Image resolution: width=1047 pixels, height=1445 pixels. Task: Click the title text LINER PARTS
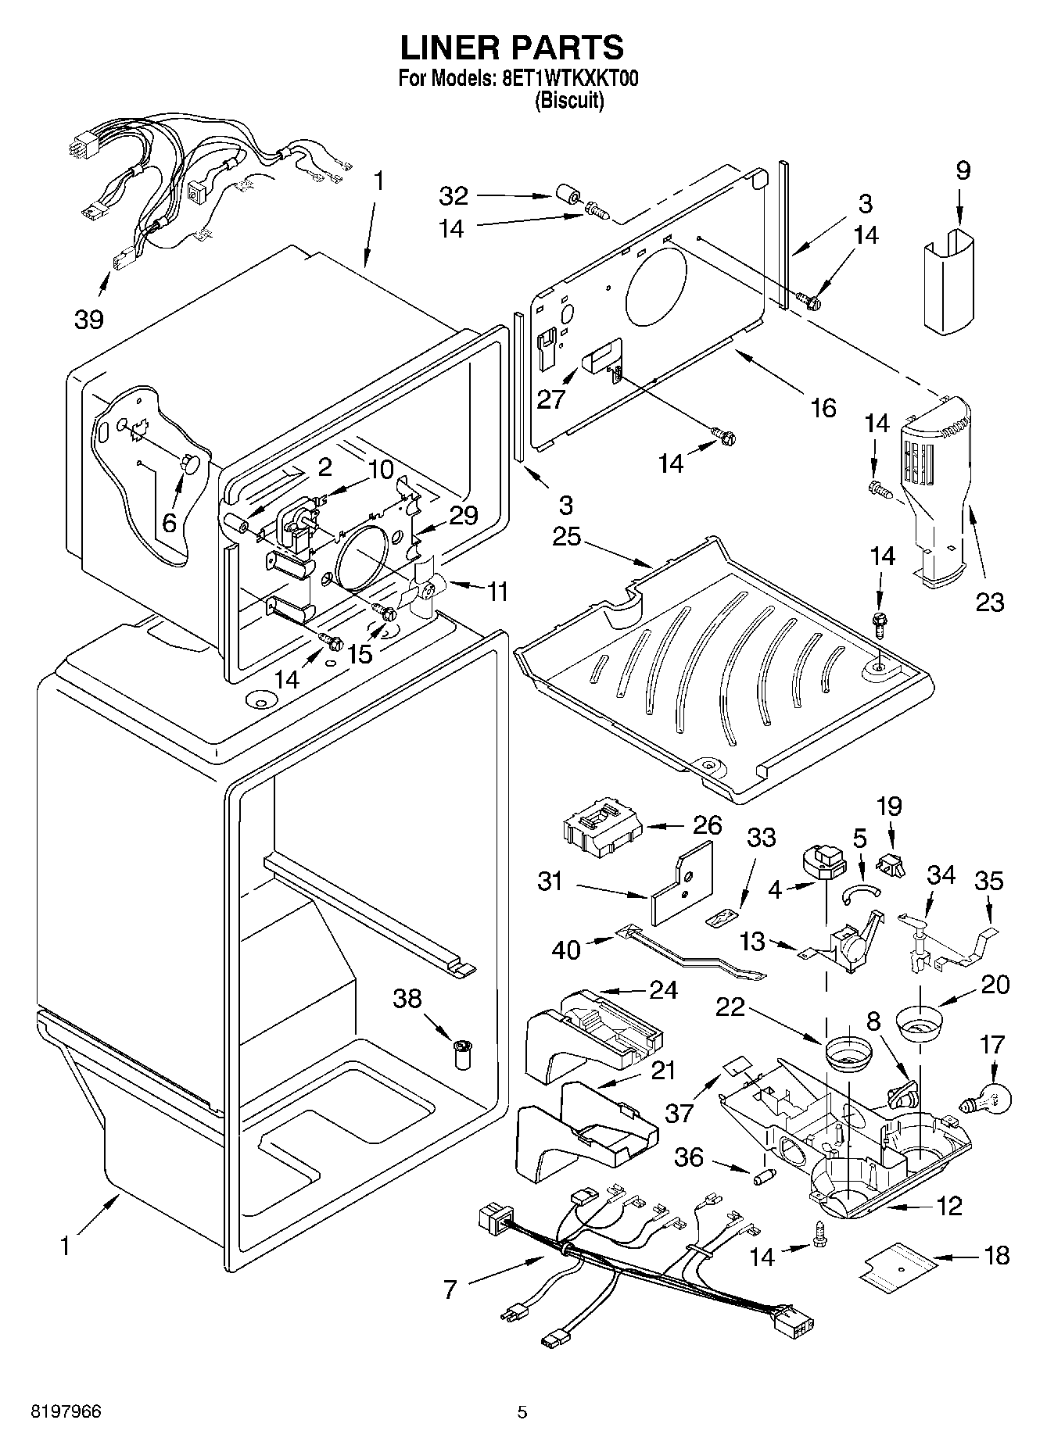pos(512,48)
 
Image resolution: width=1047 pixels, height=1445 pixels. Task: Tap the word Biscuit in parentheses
pos(569,101)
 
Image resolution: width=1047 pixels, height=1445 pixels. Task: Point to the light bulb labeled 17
pos(988,1101)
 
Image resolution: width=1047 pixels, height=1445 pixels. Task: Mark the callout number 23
pos(989,601)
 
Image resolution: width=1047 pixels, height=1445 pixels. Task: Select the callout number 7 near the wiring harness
pos(450,1289)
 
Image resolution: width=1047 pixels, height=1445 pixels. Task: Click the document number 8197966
pos(66,1411)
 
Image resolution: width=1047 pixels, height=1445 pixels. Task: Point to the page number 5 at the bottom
pos(522,1411)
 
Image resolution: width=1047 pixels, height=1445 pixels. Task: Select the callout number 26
pos(708,825)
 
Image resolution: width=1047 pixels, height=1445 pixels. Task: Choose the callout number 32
pos(453,195)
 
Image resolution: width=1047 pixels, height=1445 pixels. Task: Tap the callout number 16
pos(824,407)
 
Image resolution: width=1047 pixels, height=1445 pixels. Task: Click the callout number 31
pos(551,882)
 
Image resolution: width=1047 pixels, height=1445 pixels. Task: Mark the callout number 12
pos(948,1206)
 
